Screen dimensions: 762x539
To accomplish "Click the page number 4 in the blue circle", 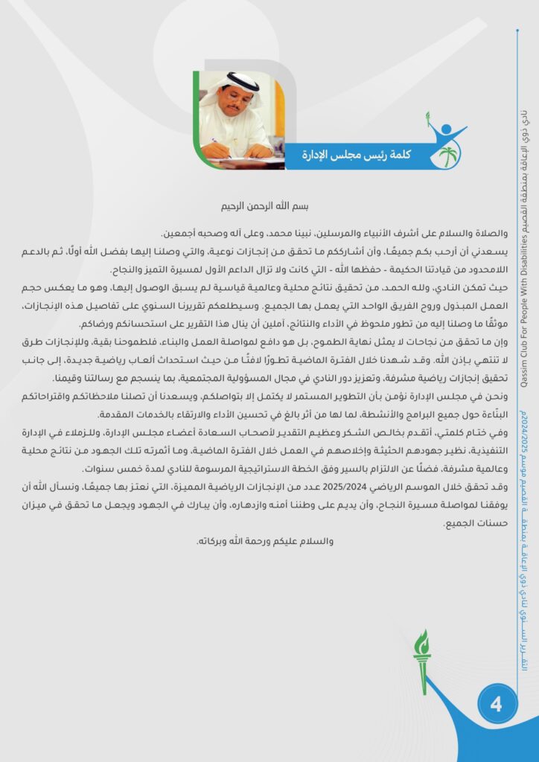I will [496, 701].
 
